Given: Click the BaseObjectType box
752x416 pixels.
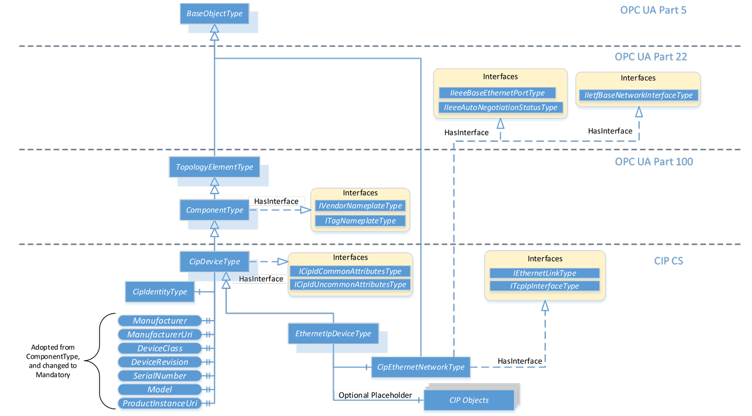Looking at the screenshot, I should (x=214, y=14).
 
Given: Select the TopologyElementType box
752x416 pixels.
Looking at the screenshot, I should (x=214, y=167).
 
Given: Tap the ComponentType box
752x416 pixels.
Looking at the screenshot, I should (x=214, y=210).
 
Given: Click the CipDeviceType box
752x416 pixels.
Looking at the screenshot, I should (x=214, y=262).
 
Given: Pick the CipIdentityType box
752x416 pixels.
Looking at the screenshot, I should (x=160, y=292).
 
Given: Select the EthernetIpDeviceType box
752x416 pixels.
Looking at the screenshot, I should (x=333, y=334).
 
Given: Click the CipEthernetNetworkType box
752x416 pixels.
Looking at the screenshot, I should (x=421, y=367).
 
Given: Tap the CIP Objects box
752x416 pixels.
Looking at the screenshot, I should (x=468, y=401).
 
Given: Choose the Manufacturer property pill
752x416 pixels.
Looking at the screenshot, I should (x=160, y=321).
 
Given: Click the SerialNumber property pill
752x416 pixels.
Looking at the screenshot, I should (x=159, y=375).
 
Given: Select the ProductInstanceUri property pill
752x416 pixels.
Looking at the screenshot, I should (x=160, y=403).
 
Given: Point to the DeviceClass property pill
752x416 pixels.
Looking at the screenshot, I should (x=160, y=348).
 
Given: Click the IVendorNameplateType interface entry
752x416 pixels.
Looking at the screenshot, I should (x=360, y=206).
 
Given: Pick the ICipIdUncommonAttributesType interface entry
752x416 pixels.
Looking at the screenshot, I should (x=350, y=284).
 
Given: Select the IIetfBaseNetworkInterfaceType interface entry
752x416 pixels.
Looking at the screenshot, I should (x=638, y=95).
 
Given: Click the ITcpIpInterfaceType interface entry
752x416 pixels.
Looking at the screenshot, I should (x=544, y=286).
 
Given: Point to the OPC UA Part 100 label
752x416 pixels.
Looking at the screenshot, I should (x=653, y=162).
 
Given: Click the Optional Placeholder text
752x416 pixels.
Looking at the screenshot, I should (x=375, y=395).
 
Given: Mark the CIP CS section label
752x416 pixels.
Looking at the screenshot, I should (x=668, y=261).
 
